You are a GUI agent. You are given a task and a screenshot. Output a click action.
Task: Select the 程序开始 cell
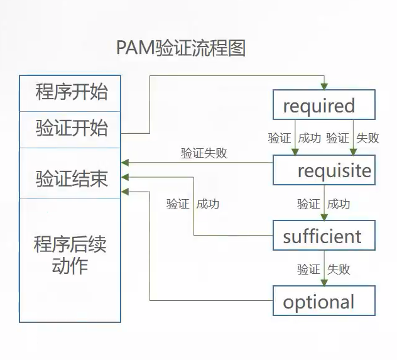click(71, 93)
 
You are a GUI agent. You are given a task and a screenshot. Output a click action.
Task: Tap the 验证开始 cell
click(71, 129)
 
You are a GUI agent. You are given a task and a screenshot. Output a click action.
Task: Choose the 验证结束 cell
click(71, 179)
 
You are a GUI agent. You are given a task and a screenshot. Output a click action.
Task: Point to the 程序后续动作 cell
click(70, 255)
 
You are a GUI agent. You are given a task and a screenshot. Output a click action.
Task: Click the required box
click(324, 105)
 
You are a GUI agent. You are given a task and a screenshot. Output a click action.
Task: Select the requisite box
click(324, 170)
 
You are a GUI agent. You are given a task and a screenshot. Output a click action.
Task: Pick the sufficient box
click(324, 236)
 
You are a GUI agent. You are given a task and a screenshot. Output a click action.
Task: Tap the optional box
click(324, 302)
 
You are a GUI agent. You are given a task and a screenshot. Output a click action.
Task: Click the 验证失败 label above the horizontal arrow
click(204, 153)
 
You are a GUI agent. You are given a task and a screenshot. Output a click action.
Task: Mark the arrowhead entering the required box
click(324, 86)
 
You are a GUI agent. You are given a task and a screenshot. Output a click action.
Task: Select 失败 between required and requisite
click(367, 138)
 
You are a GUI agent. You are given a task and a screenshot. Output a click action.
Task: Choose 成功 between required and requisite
click(309, 138)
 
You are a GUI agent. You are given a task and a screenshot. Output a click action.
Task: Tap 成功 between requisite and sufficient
click(339, 204)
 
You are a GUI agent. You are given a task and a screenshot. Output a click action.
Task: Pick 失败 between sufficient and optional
click(339, 270)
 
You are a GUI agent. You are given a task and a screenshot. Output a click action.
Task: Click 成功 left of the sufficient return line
click(208, 204)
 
